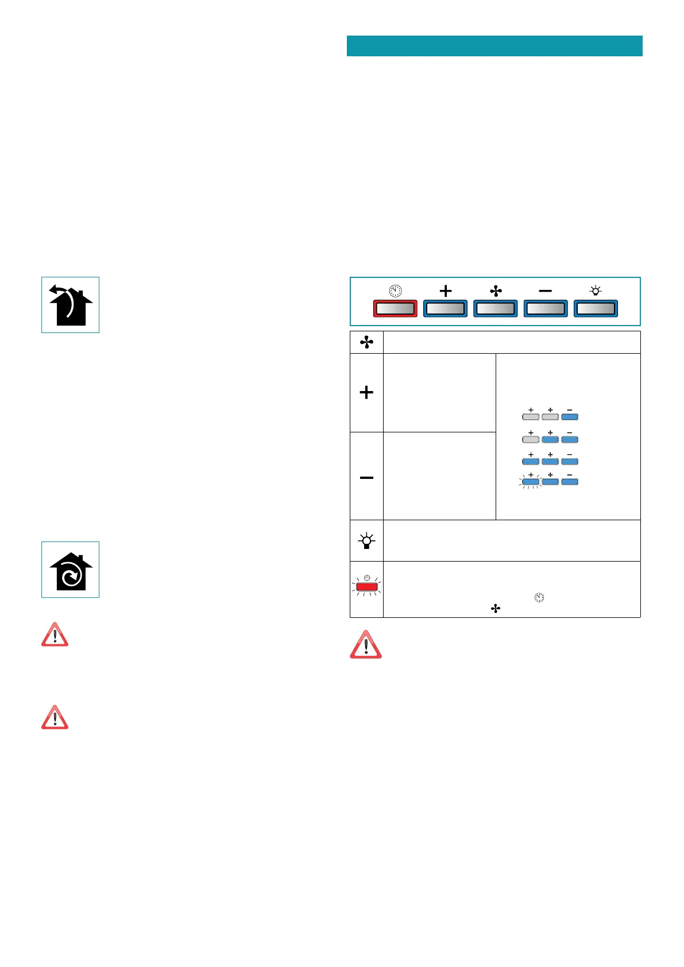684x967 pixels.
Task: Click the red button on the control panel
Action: click(395, 308)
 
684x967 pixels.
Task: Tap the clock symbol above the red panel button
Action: click(396, 291)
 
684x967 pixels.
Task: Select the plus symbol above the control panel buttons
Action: click(446, 291)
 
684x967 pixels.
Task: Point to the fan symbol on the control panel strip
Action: click(496, 291)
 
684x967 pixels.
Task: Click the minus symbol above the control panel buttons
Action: click(546, 291)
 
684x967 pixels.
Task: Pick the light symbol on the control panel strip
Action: click(596, 291)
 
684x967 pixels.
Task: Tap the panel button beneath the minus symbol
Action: click(546, 308)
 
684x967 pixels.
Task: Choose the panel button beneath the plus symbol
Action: click(446, 308)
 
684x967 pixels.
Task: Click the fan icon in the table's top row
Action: click(366, 342)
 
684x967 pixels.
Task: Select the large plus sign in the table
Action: click(366, 393)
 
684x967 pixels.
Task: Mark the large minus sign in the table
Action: click(366, 477)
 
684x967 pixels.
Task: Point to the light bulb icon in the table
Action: click(366, 541)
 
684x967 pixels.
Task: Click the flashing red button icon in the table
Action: click(366, 587)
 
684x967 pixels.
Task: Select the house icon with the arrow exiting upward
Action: click(70, 305)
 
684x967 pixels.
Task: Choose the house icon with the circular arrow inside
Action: click(70, 570)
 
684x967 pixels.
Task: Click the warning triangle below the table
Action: click(366, 644)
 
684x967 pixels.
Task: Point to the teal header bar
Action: click(494, 46)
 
